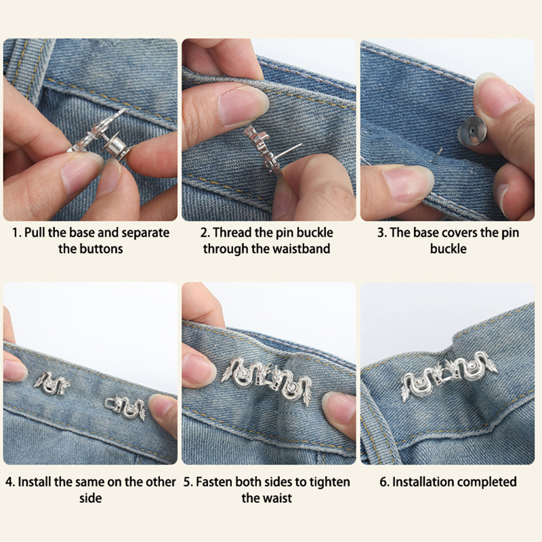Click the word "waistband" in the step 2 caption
[x=301, y=249]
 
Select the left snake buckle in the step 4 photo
[x=52, y=383]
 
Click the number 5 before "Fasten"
[x=187, y=482]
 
